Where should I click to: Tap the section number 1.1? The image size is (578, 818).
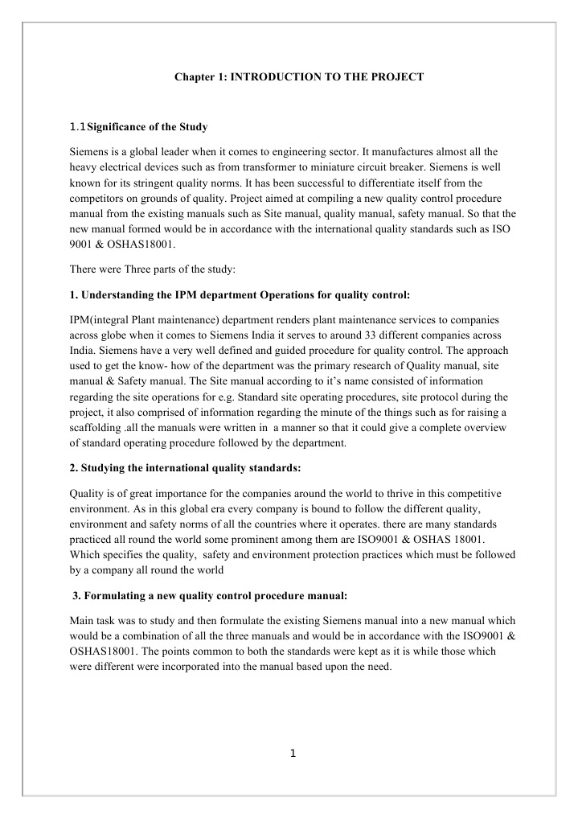tap(78, 127)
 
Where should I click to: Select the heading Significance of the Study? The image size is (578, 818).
tap(147, 127)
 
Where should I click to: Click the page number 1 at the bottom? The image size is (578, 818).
tap(293, 754)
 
